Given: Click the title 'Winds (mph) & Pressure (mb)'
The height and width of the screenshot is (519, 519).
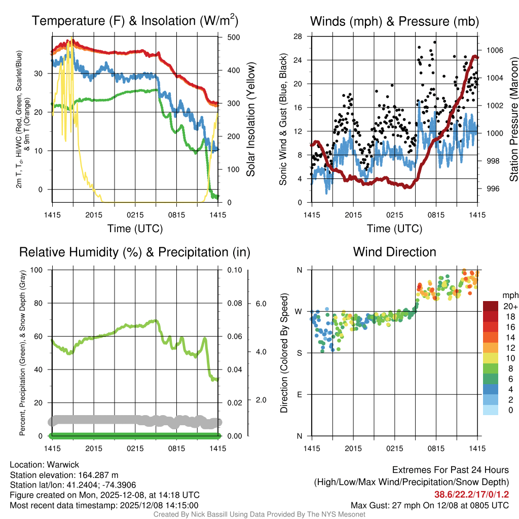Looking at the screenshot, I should point(394,21).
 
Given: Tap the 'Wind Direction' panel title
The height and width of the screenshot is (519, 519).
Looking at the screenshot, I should point(394,252).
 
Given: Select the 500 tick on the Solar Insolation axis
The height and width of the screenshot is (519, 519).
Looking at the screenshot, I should point(234,38).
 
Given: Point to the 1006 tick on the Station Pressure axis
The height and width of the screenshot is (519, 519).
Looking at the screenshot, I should point(494,51).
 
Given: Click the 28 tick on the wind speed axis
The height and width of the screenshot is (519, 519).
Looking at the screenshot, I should point(298,36).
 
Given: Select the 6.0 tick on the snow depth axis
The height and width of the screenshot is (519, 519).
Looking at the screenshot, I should point(260,304).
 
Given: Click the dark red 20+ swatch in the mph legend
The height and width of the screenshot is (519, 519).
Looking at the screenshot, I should point(491,306).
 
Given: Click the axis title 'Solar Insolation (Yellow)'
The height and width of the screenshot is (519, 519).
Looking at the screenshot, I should point(250,119).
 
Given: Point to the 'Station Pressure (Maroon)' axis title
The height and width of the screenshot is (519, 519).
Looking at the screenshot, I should point(513,119).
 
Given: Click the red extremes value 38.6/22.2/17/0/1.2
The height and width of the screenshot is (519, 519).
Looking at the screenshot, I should point(471,494).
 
